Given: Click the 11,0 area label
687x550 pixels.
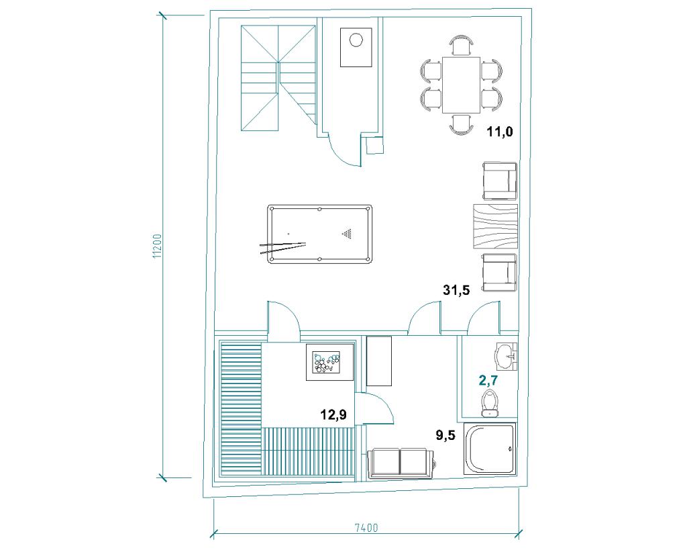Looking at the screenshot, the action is click(x=500, y=132).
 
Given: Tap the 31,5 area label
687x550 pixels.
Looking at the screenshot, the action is click(x=456, y=290).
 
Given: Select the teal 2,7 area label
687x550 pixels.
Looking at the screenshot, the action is click(x=488, y=380).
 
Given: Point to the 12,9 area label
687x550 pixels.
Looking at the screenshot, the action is click(x=334, y=414).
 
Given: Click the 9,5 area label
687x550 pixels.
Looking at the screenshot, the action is click(x=445, y=435).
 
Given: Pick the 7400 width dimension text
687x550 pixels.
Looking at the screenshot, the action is click(x=367, y=528).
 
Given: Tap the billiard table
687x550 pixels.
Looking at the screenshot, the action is click(x=320, y=234).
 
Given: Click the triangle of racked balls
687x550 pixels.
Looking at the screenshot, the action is click(x=347, y=234).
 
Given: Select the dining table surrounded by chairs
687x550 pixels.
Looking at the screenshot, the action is click(x=462, y=85).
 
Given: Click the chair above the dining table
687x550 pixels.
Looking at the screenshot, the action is click(x=462, y=45).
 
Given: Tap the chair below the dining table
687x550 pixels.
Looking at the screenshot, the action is click(x=462, y=124).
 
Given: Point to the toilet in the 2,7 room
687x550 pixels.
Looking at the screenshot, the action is click(x=489, y=403).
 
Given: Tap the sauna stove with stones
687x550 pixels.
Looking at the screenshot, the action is click(x=329, y=362).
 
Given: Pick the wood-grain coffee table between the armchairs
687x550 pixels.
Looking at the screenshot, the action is click(x=495, y=227).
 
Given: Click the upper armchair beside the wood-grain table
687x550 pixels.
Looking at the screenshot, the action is click(x=500, y=181).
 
